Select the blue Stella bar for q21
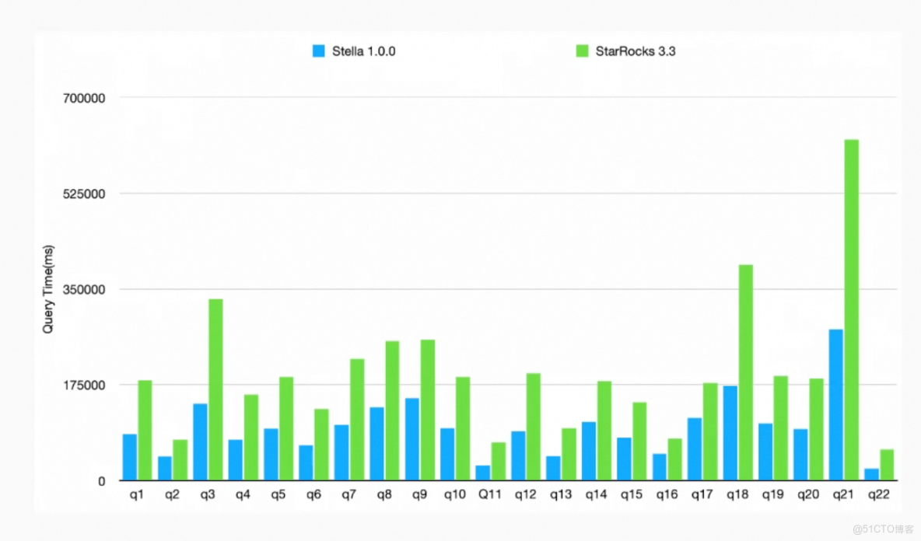(835, 404)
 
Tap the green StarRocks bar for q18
(745, 372)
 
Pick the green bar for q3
(215, 389)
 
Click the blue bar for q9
(411, 439)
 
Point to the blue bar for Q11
(482, 473)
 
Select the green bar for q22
(886, 465)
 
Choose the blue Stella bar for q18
(730, 433)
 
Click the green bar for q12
(533, 427)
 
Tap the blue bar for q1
(129, 457)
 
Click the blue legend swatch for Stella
(318, 51)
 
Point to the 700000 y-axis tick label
(82, 98)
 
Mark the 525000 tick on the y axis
(82, 194)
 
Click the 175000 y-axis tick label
(82, 385)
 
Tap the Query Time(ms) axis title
(48, 289)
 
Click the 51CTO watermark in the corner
(882, 529)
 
